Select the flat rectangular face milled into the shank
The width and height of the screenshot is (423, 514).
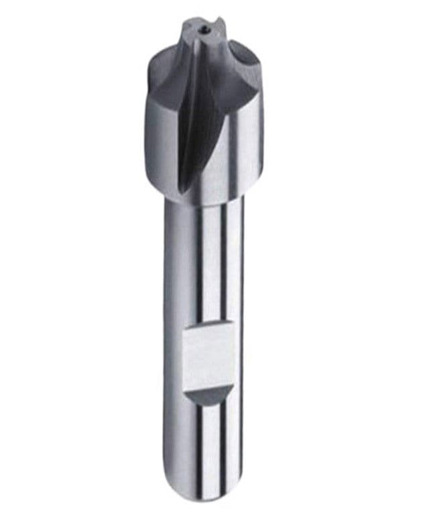point(208,359)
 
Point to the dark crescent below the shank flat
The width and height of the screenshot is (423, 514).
point(208,396)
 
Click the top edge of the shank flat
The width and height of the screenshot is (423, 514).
point(208,330)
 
